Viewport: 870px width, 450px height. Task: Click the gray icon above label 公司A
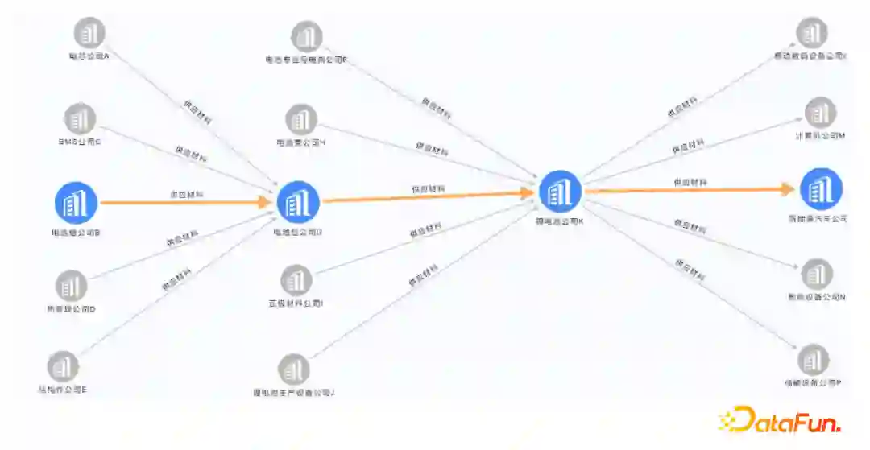pos(89,33)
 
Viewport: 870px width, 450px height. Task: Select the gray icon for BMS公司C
pos(79,118)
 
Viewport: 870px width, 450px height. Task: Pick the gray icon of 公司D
pos(72,285)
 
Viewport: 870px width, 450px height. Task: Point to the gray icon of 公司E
pos(63,366)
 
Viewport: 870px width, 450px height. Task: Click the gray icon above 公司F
pos(306,36)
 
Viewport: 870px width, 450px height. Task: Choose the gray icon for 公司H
pos(300,120)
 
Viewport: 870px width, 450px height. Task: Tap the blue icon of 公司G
pos(298,202)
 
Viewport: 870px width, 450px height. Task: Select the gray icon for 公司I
pos(296,280)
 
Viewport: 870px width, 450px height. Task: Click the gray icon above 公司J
pos(293,369)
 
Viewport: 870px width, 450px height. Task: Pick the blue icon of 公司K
pos(560,192)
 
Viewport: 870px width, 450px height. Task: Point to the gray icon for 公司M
pos(820,113)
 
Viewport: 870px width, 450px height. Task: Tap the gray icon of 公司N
pos(818,275)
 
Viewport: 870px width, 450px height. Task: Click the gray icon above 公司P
pos(813,360)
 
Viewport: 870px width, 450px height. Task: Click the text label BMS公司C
pos(79,142)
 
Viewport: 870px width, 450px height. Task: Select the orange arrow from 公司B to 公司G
pos(185,202)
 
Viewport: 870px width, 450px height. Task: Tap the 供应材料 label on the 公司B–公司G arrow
pos(186,193)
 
